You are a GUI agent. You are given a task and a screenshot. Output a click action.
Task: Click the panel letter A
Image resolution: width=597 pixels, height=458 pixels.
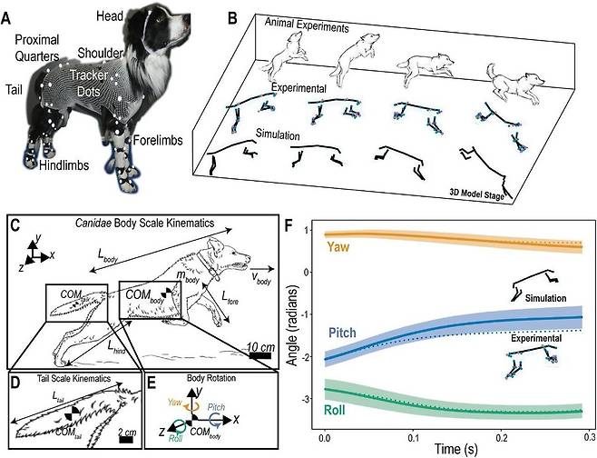(x=10, y=17)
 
